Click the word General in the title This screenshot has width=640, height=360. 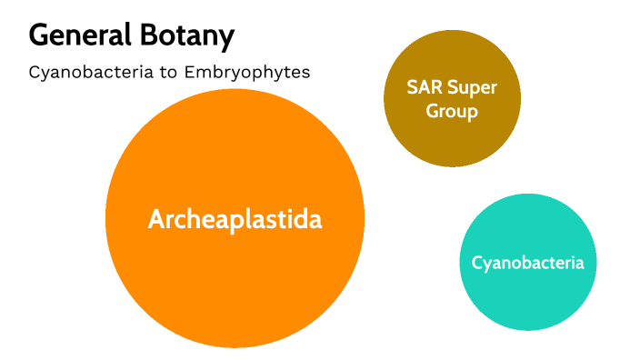click(80, 36)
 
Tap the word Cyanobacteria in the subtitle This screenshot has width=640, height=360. click(85, 73)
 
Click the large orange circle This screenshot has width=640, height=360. click(235, 273)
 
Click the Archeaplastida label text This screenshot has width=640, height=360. click(235, 219)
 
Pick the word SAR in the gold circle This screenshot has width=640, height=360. click(425, 90)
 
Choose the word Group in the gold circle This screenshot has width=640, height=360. click(452, 112)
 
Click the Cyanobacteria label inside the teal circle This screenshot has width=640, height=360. click(527, 263)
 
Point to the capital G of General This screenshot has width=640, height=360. click(39, 36)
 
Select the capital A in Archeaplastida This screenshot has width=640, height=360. click(156, 219)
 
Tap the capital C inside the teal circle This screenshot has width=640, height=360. click(476, 263)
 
